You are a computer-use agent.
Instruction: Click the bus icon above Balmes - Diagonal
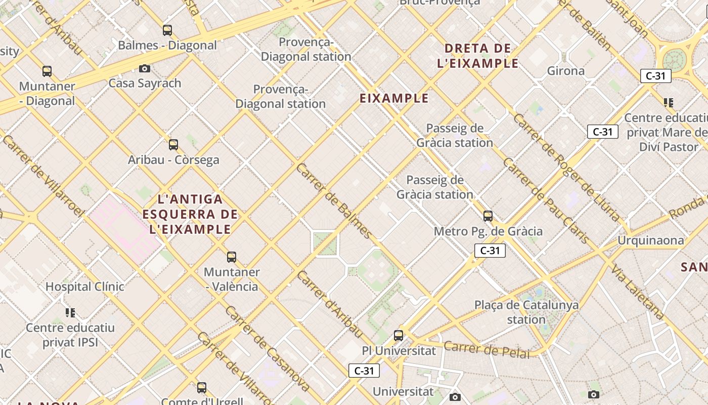click(167, 30)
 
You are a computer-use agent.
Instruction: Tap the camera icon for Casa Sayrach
click(145, 68)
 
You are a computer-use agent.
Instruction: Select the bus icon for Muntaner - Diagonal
click(47, 71)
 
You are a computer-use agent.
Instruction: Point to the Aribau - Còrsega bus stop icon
click(173, 145)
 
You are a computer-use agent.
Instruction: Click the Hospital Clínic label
click(85, 287)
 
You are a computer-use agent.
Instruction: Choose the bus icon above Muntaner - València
click(232, 257)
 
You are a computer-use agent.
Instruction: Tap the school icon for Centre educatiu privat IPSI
click(70, 312)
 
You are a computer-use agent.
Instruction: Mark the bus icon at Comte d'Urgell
click(202, 388)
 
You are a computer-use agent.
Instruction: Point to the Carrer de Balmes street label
click(334, 200)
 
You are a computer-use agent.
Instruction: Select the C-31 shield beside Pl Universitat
click(364, 371)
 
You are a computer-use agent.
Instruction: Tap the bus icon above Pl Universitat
click(399, 335)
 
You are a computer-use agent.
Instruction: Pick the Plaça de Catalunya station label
click(526, 312)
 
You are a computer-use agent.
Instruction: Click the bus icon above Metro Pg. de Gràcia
click(488, 216)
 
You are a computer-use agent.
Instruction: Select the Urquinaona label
click(651, 240)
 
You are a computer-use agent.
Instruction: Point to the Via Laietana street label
click(637, 291)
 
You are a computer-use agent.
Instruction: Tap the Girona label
click(566, 71)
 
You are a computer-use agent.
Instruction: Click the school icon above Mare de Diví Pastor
click(669, 103)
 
